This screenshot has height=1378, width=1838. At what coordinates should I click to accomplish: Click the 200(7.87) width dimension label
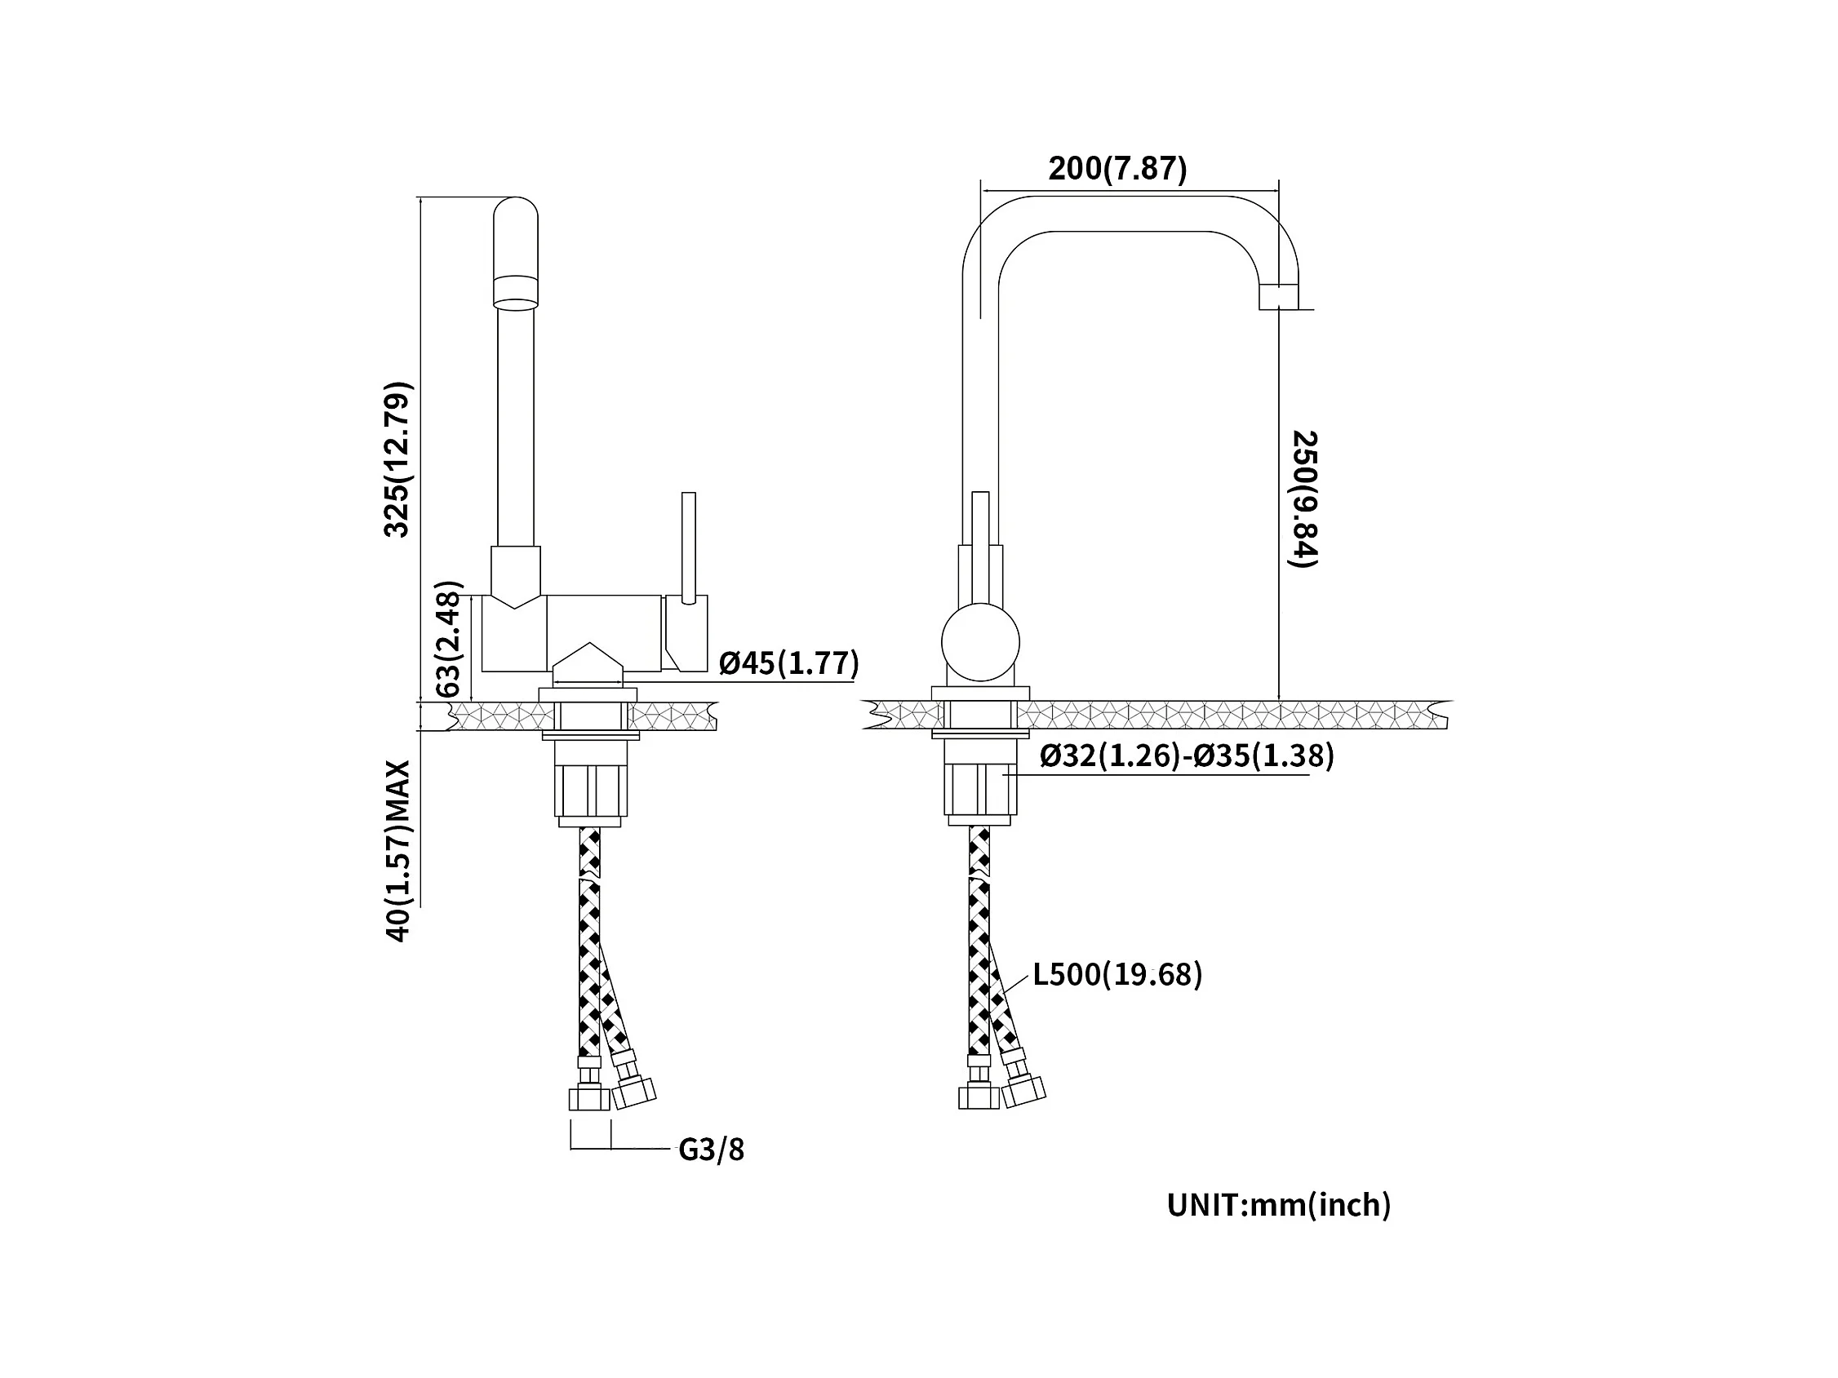pos(1117,169)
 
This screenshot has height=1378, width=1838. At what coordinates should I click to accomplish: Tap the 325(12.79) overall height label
pos(397,459)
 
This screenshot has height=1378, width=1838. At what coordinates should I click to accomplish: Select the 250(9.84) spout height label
pos(1303,499)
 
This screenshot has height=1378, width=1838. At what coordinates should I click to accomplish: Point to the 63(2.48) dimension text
pos(448,639)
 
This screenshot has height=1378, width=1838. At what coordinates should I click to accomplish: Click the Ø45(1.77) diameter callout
pos(788,662)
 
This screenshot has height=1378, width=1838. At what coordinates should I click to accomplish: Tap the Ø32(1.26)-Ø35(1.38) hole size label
pos(1187,755)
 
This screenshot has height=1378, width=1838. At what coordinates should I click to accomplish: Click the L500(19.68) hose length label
pos(1117,974)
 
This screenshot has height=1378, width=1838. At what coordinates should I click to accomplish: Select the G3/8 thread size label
pos(711,1150)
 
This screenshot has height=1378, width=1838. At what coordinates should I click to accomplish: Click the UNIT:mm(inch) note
pos(1279,1204)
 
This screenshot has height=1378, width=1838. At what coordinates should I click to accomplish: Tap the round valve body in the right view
pos(980,642)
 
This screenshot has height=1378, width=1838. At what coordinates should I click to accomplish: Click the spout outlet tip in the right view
pos(1279,296)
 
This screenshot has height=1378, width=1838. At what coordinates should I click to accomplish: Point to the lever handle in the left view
pos(688,547)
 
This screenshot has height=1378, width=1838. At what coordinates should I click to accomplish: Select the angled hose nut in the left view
pos(634,1093)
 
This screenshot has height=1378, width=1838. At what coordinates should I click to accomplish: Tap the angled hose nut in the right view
pos(1023,1091)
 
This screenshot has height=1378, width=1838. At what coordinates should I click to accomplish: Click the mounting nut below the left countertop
pos(591,790)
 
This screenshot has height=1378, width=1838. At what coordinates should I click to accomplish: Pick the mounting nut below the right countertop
pos(980,788)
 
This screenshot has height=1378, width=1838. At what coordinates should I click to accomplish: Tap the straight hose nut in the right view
pos(979,1097)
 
